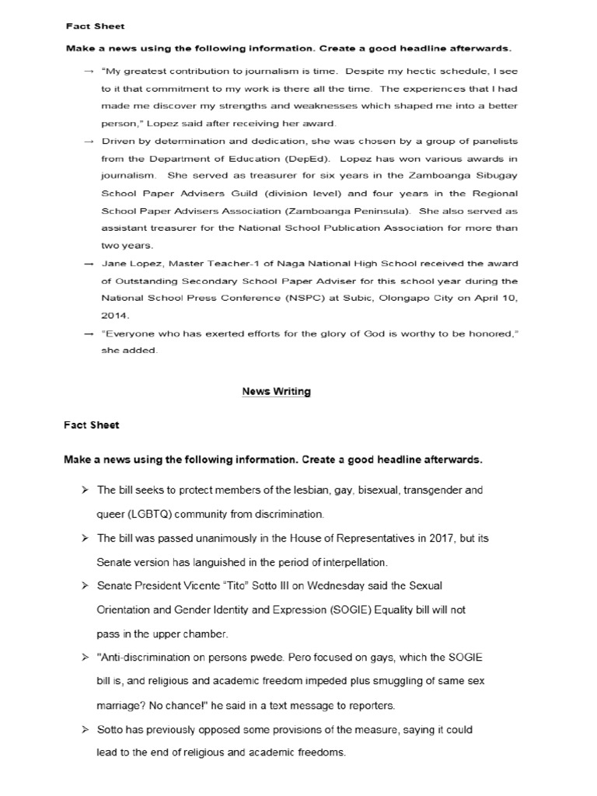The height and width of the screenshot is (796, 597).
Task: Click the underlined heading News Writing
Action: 276,391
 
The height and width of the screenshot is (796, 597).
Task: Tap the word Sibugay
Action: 495,175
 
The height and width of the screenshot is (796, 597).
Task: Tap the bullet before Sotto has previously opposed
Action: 84,730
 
